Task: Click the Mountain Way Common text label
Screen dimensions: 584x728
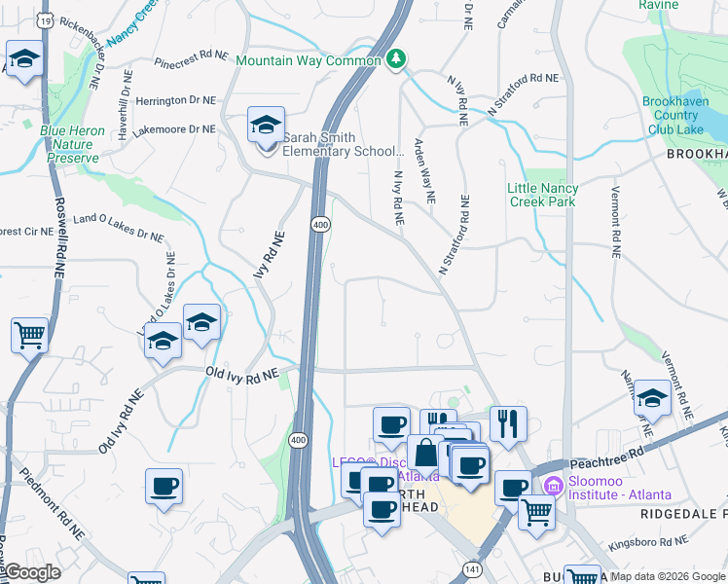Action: pyautogui.click(x=309, y=60)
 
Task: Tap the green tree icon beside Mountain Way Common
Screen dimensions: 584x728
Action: pyautogui.click(x=395, y=60)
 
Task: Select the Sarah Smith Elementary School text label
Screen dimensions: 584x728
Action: pyautogui.click(x=342, y=144)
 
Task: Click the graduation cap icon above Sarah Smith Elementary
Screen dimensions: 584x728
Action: pyautogui.click(x=265, y=126)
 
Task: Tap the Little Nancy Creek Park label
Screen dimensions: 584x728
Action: pyautogui.click(x=543, y=195)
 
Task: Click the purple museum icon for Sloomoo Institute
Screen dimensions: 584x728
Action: pyautogui.click(x=554, y=485)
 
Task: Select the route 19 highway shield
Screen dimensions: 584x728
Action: pyautogui.click(x=44, y=18)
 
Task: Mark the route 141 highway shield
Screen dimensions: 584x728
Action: pyautogui.click(x=472, y=568)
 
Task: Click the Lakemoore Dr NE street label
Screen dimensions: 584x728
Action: pyautogui.click(x=174, y=129)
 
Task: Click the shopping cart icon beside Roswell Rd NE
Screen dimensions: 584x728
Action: pyautogui.click(x=29, y=336)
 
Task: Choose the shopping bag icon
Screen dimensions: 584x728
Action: pyautogui.click(x=425, y=454)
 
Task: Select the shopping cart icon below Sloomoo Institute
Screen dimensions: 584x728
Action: pyautogui.click(x=536, y=511)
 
